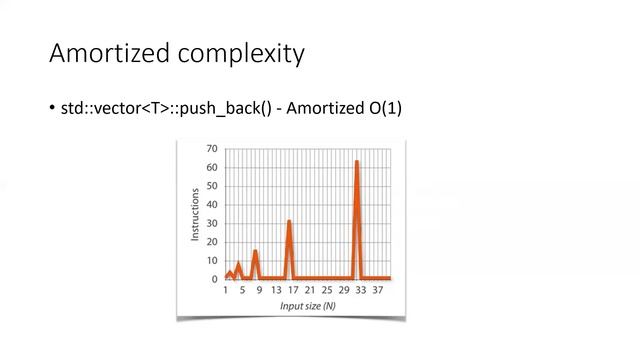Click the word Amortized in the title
pyautogui.click(x=105, y=53)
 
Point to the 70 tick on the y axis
pyautogui.click(x=212, y=149)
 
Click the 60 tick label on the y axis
pyautogui.click(x=212, y=167)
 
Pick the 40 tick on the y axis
pyautogui.click(x=212, y=205)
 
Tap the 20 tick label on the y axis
pyautogui.click(x=212, y=242)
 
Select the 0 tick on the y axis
pyautogui.click(x=215, y=279)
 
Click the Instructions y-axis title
pyautogui.click(x=195, y=214)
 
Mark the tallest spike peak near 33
pyautogui.click(x=356, y=161)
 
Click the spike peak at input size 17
pyautogui.click(x=289, y=221)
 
